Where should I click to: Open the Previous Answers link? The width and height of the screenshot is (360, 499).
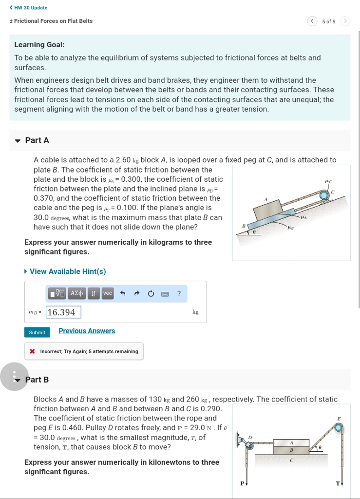tap(87, 331)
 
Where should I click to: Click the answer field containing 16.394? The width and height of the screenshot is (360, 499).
tap(63, 312)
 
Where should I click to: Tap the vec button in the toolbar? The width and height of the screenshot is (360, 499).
tap(108, 293)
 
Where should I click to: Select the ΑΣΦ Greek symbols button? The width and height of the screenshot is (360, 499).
tap(76, 293)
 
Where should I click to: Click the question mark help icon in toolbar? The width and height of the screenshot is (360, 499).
tap(179, 293)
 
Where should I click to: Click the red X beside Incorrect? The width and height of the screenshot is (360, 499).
tap(32, 351)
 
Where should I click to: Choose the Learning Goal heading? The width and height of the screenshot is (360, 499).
tap(39, 44)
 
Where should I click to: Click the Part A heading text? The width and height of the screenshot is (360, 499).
tap(37, 140)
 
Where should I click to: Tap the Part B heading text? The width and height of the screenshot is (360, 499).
tap(37, 380)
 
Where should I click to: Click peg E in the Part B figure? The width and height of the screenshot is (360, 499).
tap(339, 428)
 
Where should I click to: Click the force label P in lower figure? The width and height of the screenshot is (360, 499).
tap(242, 483)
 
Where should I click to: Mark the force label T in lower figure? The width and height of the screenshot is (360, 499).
tap(338, 483)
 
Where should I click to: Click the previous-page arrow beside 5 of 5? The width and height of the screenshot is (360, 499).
tap(311, 21)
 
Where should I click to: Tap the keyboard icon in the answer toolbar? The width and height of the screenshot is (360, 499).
tap(165, 293)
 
